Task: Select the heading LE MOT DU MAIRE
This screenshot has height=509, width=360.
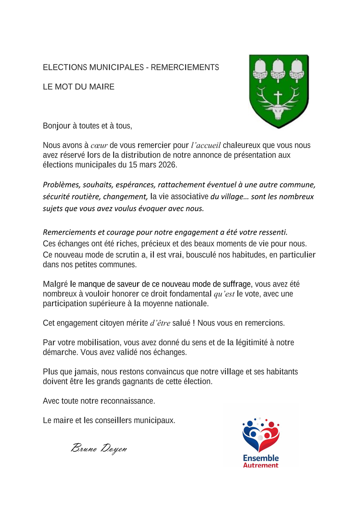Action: [78, 87]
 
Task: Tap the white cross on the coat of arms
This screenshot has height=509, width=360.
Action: [278, 97]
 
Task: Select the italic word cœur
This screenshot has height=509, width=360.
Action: [99, 146]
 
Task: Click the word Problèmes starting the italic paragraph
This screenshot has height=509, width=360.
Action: [61, 185]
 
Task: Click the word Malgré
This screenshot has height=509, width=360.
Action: [55, 284]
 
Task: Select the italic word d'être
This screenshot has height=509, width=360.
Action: [160, 323]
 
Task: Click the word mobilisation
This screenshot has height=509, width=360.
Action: [100, 343]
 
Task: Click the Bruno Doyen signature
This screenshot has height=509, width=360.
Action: [99, 448]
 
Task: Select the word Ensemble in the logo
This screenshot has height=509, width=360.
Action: [261, 458]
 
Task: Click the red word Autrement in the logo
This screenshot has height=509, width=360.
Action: [261, 465]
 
